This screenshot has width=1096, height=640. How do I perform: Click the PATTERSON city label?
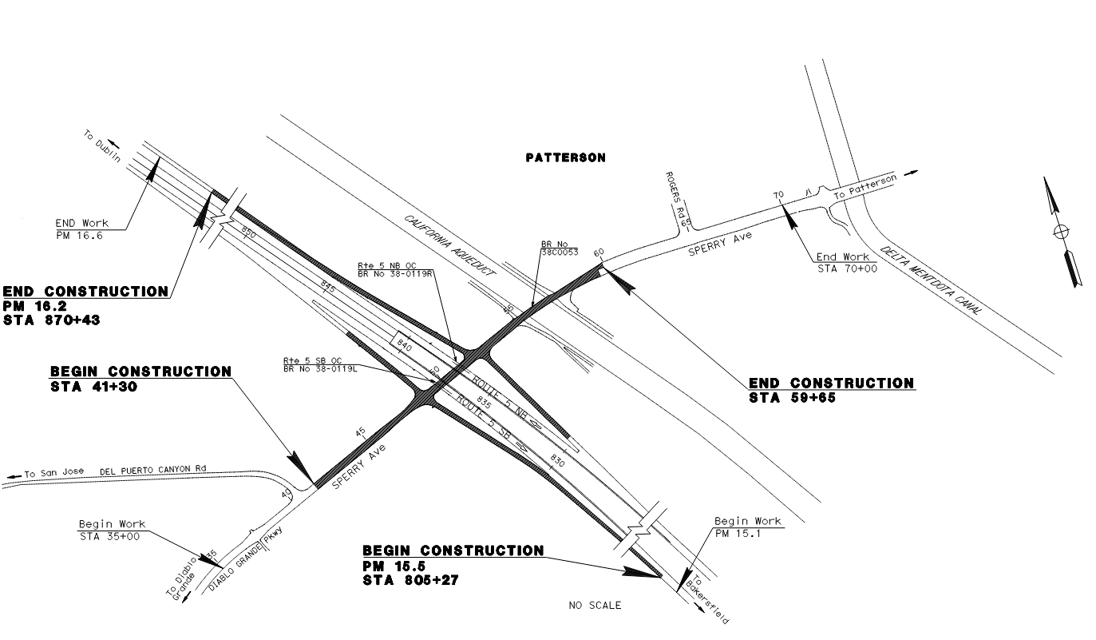coord(565,158)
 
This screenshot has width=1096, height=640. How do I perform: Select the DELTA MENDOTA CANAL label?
coord(930,280)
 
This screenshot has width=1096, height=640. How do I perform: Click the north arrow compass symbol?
coord(1061,232)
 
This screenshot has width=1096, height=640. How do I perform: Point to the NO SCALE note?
coord(595,606)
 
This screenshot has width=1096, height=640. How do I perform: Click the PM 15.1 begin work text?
coord(739,533)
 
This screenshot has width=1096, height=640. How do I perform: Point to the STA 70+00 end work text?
coord(846,269)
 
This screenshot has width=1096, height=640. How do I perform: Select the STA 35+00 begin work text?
coord(109,537)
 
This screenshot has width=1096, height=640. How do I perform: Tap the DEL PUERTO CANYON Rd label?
coord(152,471)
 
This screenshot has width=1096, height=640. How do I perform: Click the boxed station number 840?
coord(403,347)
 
